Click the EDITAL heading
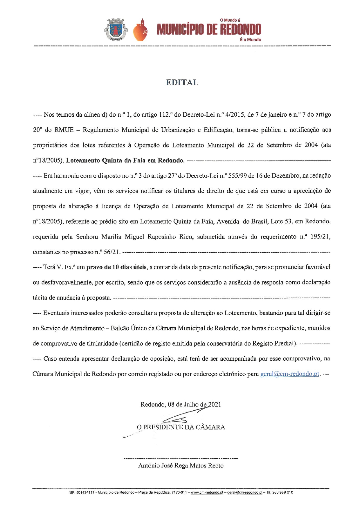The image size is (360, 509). click(182, 83)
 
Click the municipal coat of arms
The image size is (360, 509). click(116, 30)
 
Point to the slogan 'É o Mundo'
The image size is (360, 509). click(250, 40)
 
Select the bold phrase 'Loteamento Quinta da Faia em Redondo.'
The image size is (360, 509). click(125, 160)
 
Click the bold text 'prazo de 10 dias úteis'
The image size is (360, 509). click(116, 267)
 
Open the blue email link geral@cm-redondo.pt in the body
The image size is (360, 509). click(290, 374)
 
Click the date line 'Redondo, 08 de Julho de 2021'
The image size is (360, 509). click(181, 405)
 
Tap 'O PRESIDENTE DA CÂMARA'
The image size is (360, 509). click(181, 427)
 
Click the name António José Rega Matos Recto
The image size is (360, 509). click(181, 465)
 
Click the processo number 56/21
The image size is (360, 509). click(111, 252)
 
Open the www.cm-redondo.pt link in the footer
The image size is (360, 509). click(207, 492)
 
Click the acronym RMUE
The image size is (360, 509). click(64, 130)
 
